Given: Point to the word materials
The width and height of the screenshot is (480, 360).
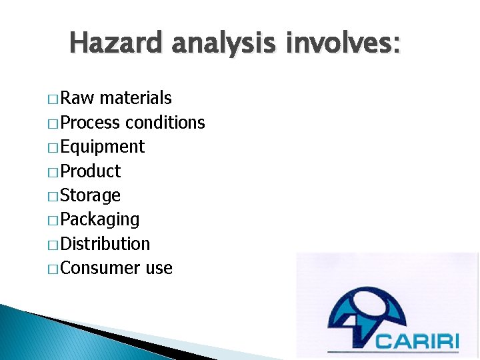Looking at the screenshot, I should click(x=135, y=99).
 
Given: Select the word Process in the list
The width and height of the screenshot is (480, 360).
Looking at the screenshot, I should click(x=90, y=123).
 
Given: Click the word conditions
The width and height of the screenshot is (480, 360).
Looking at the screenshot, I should click(x=165, y=123).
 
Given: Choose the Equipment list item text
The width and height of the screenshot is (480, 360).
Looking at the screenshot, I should click(x=102, y=147).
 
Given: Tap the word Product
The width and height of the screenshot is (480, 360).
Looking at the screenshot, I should click(x=90, y=171).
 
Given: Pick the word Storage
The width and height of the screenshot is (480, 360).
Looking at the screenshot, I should click(x=90, y=196).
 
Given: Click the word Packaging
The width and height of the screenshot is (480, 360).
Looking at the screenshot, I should click(x=99, y=220).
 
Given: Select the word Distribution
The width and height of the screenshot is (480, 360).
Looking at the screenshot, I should click(x=105, y=244).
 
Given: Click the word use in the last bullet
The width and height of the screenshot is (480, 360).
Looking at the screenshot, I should click(x=159, y=269).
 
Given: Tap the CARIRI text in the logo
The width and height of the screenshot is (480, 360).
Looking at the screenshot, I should click(x=417, y=341).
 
